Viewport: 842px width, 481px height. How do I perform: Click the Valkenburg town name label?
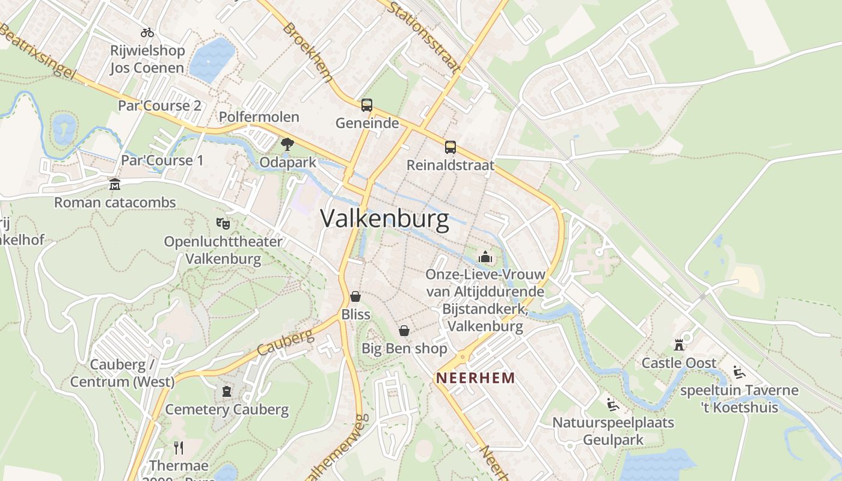point(384,219)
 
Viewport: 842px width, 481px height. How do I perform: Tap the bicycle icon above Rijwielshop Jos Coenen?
point(147,32)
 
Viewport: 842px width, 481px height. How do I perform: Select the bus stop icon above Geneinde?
point(367,105)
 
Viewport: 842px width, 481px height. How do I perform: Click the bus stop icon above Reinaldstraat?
point(450,147)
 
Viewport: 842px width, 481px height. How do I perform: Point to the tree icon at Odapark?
point(287,144)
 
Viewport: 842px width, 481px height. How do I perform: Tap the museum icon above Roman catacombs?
point(114,184)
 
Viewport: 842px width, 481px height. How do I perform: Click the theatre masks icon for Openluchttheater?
point(223,223)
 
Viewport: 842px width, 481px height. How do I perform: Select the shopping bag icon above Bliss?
point(355,296)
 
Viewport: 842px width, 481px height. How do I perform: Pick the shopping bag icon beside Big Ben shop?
point(404,331)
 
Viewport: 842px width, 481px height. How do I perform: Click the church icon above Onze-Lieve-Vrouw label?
point(485,257)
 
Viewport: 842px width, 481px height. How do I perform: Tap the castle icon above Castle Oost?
point(679,345)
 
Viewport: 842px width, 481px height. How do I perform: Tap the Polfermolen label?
point(259,117)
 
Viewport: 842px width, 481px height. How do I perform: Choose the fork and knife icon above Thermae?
point(178,447)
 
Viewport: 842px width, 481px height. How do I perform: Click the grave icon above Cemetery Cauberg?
point(227,391)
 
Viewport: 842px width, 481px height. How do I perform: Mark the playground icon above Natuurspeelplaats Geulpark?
point(613,405)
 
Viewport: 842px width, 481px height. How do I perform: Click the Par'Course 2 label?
point(159,106)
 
